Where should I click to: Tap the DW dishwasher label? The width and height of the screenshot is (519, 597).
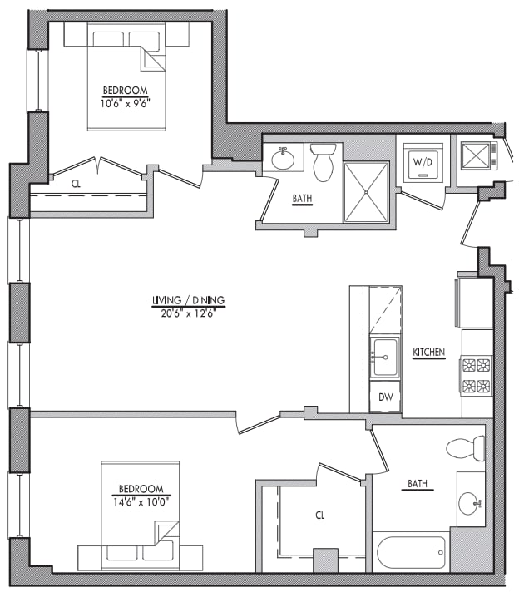pyautogui.click(x=385, y=397)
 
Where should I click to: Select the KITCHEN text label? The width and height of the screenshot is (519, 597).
pyautogui.click(x=429, y=353)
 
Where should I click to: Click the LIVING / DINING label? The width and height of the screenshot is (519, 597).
pyautogui.click(x=188, y=300)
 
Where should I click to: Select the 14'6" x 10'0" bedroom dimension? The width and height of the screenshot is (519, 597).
pyautogui.click(x=141, y=501)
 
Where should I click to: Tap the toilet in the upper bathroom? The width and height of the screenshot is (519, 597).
pyautogui.click(x=324, y=161)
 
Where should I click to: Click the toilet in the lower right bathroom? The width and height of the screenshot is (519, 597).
pyautogui.click(x=466, y=448)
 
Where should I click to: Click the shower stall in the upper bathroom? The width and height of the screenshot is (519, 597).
pyautogui.click(x=366, y=191)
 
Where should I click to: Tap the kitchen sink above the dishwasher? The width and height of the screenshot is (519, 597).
pyautogui.click(x=385, y=357)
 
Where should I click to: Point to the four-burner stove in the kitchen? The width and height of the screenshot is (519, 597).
pyautogui.click(x=477, y=375)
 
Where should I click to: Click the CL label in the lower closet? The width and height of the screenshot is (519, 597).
pyautogui.click(x=319, y=516)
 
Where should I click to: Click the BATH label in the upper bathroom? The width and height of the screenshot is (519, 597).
pyautogui.click(x=301, y=200)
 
